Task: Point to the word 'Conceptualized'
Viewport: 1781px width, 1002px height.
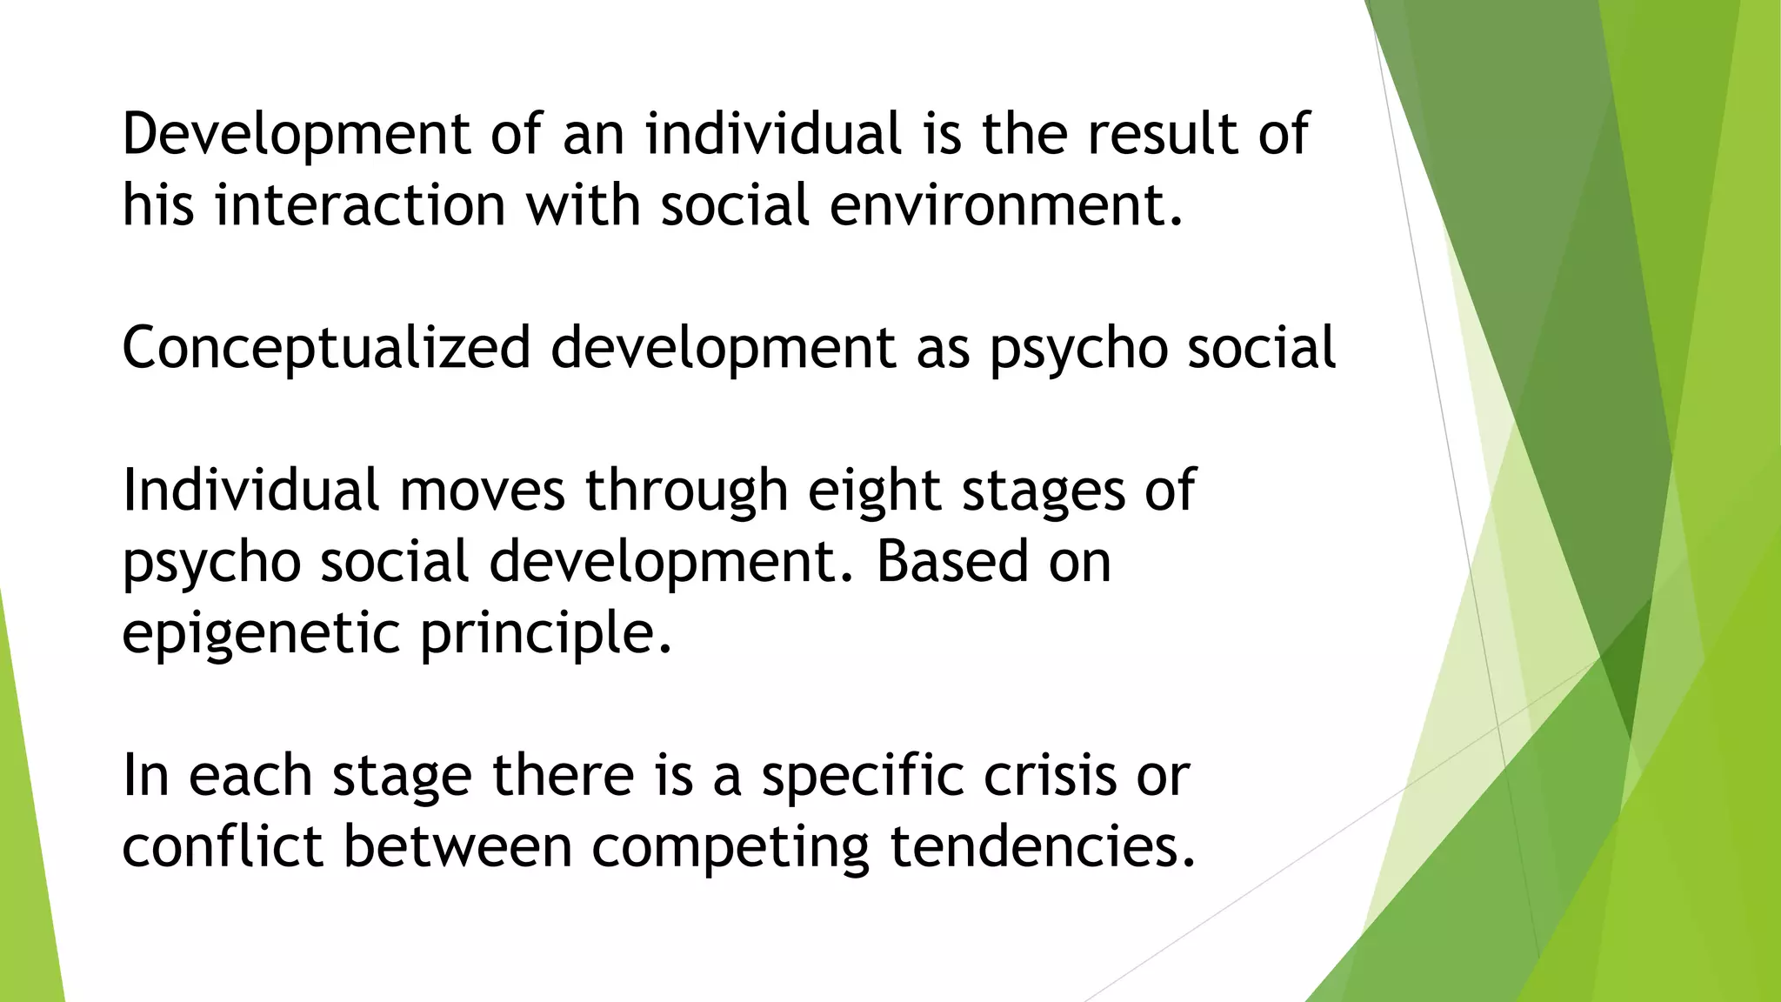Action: pos(326,348)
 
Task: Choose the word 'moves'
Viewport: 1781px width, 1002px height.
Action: pos(482,490)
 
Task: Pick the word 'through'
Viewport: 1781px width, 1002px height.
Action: pos(686,491)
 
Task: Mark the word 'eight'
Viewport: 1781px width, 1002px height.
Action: pos(874,491)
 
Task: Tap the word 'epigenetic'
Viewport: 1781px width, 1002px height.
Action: pos(261,633)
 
